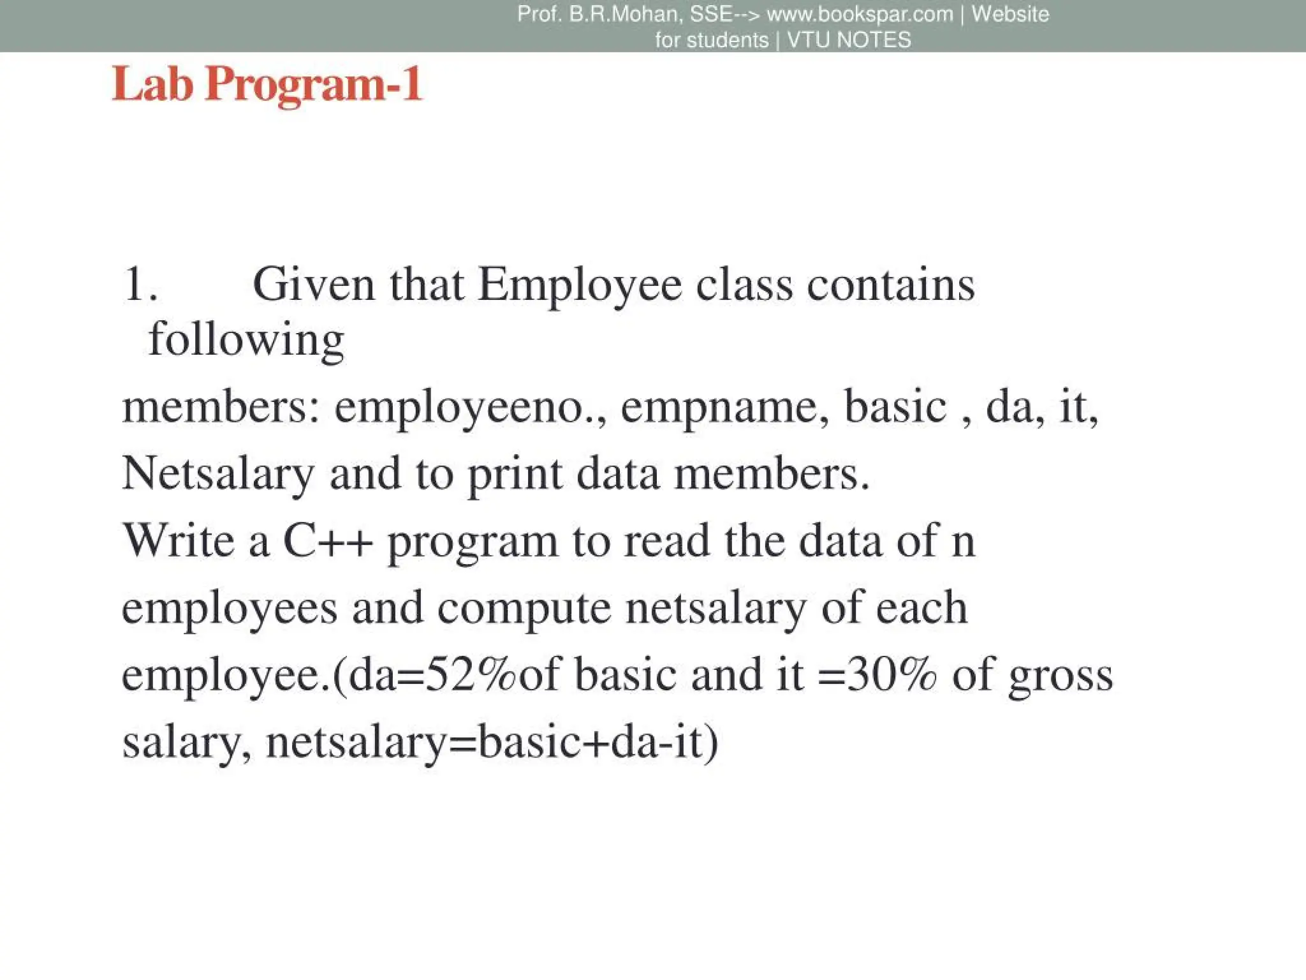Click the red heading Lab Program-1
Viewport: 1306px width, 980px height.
(267, 85)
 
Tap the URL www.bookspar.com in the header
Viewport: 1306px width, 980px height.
(860, 14)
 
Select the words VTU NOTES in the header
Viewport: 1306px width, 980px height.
(849, 40)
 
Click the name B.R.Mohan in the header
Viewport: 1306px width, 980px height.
(624, 14)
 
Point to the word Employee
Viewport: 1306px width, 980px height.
(580, 285)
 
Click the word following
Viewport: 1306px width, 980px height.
(246, 339)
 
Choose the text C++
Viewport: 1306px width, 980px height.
(327, 541)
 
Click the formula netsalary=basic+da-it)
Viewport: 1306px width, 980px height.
(492, 743)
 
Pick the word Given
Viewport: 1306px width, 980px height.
(313, 285)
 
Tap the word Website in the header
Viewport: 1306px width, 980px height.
(1010, 14)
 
